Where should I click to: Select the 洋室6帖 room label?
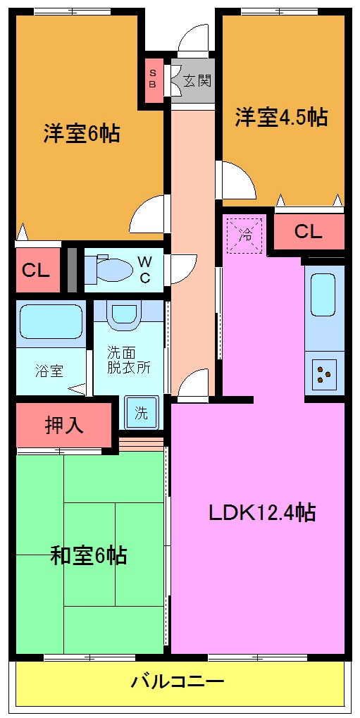point(81,133)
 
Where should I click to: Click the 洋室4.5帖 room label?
point(281,117)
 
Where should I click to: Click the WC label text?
point(144,268)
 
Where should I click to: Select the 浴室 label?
point(49,369)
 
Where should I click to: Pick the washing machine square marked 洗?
point(142,413)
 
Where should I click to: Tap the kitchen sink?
point(324,295)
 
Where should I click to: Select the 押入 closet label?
point(64,425)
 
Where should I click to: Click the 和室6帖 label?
point(88,556)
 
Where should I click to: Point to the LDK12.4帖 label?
point(261,512)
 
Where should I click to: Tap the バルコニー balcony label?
point(178,682)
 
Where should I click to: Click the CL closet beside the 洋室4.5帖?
point(308,232)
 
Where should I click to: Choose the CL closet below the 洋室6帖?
point(36,269)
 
